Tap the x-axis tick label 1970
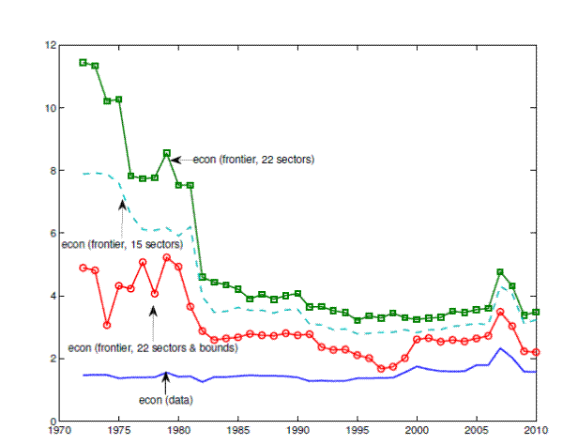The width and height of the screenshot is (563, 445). [x=59, y=433]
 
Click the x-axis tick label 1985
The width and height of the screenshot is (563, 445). [x=238, y=433]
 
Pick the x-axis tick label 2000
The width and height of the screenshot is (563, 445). [x=417, y=433]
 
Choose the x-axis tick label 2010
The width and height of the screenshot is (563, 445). [x=536, y=433]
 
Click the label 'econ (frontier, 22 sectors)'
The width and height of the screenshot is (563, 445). [x=253, y=161]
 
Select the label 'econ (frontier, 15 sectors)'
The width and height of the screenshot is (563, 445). [x=121, y=245]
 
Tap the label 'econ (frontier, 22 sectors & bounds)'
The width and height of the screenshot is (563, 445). [x=151, y=348]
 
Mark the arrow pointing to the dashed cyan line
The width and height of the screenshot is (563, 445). [x=123, y=211]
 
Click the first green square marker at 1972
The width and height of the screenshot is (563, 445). [x=84, y=62]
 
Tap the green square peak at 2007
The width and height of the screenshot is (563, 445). [x=500, y=272]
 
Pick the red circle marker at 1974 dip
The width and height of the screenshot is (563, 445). [x=107, y=325]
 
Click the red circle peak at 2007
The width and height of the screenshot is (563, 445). [x=500, y=312]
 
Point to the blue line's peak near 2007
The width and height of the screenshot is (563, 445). [x=501, y=348]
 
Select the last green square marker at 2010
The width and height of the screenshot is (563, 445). [x=536, y=312]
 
